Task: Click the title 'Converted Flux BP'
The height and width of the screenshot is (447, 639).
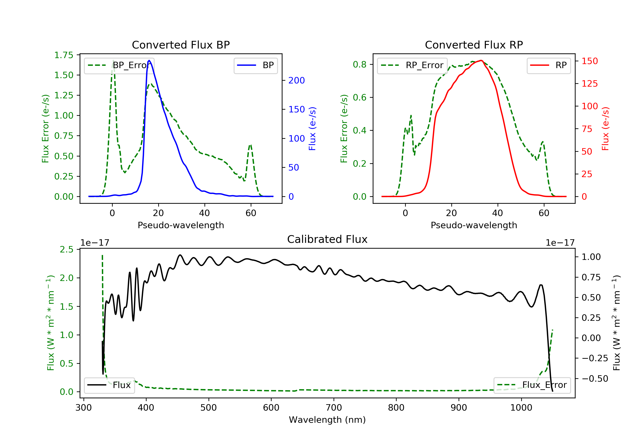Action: click(x=181, y=45)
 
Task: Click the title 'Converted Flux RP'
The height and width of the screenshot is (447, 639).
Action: click(x=474, y=45)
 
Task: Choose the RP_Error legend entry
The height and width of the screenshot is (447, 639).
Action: click(x=412, y=65)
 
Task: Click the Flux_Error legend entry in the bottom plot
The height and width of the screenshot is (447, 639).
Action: click(x=532, y=385)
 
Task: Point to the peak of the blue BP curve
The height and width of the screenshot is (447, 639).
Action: click(x=149, y=60)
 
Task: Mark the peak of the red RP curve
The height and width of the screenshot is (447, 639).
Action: click(x=481, y=60)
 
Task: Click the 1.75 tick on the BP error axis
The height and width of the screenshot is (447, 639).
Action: click(x=64, y=55)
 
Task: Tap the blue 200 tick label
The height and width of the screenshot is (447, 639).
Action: click(x=296, y=80)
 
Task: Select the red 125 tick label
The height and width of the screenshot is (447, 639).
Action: click(x=589, y=83)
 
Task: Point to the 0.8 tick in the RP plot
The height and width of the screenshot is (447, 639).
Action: click(x=360, y=64)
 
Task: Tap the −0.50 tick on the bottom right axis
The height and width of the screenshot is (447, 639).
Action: click(x=595, y=379)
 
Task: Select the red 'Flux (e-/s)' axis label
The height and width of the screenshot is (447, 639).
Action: click(x=605, y=129)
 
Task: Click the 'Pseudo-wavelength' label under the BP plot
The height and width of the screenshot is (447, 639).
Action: click(x=181, y=225)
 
